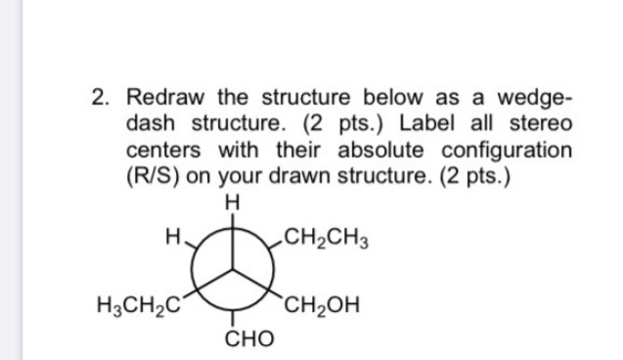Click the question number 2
pyautogui.click(x=99, y=99)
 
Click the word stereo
pyautogui.click(x=539, y=126)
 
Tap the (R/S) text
pyautogui.click(x=156, y=179)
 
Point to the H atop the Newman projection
pyautogui.click(x=231, y=203)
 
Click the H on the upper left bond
pyautogui.click(x=172, y=236)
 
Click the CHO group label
pyautogui.click(x=233, y=339)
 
